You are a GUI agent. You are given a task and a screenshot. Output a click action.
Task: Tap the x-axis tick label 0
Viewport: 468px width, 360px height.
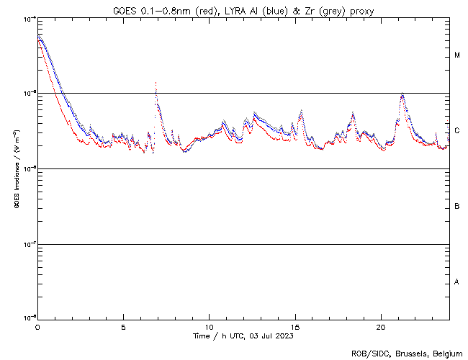37,326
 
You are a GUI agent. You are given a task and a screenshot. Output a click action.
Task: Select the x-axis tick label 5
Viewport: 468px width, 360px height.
123,326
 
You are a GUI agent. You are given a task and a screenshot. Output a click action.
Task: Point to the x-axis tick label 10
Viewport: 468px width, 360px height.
209,326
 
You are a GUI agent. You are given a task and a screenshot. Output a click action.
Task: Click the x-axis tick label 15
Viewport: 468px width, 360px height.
295,326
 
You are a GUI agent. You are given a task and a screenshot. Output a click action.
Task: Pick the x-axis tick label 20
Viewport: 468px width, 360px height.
381,326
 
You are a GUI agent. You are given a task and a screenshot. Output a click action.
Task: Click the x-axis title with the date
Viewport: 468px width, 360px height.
243,336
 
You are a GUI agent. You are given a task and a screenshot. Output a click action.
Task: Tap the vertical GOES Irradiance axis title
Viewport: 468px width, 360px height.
16,169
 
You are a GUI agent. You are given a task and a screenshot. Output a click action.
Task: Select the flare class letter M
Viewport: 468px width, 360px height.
457,55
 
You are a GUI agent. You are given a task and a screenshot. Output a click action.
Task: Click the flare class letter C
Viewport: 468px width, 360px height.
457,131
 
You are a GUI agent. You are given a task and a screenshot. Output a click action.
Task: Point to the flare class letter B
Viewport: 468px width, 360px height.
457,207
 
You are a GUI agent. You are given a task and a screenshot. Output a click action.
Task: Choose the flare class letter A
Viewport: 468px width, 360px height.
457,282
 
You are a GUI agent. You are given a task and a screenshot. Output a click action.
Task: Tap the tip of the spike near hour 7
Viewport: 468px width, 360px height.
156,83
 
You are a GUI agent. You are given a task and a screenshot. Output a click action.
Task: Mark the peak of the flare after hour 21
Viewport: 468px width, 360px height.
402,94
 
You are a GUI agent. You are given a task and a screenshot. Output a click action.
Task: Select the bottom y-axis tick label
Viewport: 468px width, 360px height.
27,318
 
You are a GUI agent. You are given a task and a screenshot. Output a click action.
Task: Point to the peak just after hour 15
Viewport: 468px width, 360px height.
300,110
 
